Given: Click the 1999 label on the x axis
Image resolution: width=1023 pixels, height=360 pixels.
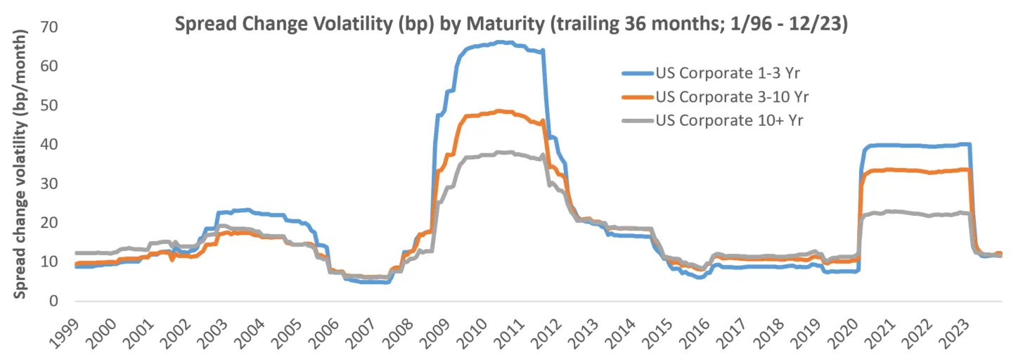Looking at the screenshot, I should (x=67, y=330).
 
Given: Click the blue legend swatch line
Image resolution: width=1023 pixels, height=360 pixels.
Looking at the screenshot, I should (x=637, y=72).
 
